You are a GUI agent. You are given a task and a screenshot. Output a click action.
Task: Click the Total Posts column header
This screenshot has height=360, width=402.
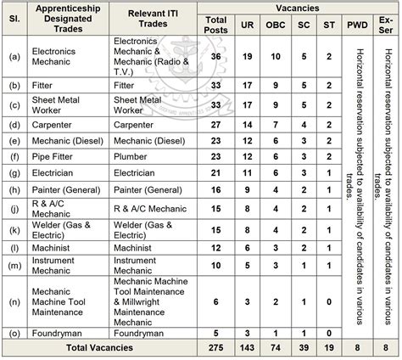pyautogui.click(x=217, y=24)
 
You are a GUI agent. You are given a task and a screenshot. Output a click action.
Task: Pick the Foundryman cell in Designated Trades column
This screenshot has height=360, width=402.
pyautogui.click(x=61, y=333)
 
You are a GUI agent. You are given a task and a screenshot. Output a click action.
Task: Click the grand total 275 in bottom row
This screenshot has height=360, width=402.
pyautogui.click(x=217, y=348)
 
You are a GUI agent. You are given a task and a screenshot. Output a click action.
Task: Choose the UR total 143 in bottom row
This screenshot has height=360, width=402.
pyautogui.click(x=248, y=348)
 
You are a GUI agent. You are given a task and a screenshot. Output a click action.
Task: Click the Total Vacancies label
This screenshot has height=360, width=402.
pyautogui.click(x=102, y=348)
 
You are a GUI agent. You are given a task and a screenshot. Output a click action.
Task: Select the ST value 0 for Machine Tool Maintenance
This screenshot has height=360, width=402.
pyautogui.click(x=328, y=301)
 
